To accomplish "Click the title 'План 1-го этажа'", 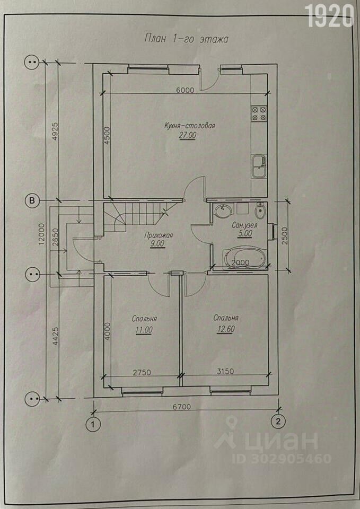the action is pos(186,39).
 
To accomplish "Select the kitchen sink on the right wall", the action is pos(259,166).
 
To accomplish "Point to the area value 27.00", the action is pos(187,136).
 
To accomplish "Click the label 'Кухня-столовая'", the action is pos(190,125).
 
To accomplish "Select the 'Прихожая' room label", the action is pos(159,235).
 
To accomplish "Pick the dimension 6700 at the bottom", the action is pos(181,407).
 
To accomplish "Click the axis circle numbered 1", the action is pos(93,424).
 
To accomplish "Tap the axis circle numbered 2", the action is pos(278,422).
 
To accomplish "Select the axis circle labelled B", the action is pos(32,200).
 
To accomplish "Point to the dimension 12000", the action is pos(41,234).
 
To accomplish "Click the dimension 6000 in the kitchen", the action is pos(185,90).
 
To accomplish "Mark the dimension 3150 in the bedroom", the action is pos(225,371).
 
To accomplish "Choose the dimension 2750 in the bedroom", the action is pos(142,372).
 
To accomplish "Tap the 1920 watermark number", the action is pos(330,16).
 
